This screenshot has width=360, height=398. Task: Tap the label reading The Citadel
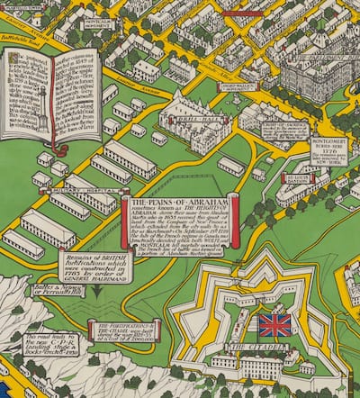249,347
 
